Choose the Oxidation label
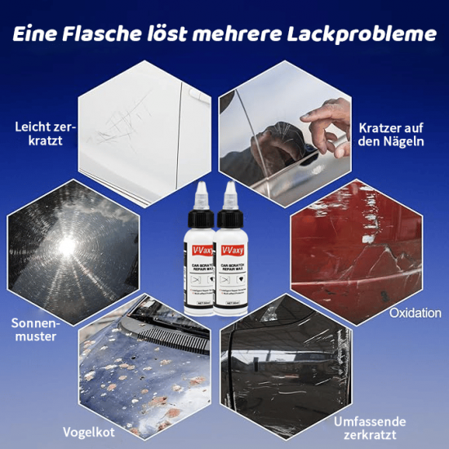coord(416,313)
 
